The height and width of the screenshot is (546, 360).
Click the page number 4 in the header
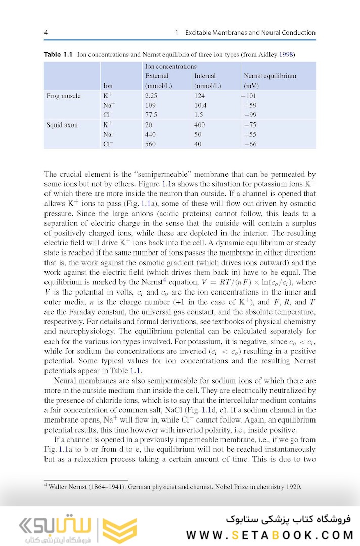pyautogui.click(x=46, y=33)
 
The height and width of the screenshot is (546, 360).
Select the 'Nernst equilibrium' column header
pyautogui.click(x=269, y=76)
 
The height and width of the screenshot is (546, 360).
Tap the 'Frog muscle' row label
pyautogui.click(x=63, y=96)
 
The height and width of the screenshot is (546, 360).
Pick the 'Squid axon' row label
pyautogui.click(x=62, y=124)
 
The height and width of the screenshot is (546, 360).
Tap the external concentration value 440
pyautogui.click(x=150, y=135)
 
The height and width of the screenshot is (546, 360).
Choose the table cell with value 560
pyautogui.click(x=150, y=144)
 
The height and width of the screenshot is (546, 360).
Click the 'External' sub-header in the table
pyautogui.click(x=157, y=76)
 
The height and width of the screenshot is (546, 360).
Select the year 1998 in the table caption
pyautogui.click(x=286, y=54)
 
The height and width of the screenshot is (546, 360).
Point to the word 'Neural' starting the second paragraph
pyautogui.click(x=64, y=381)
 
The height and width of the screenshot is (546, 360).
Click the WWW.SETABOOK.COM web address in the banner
pyautogui.click(x=269, y=535)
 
